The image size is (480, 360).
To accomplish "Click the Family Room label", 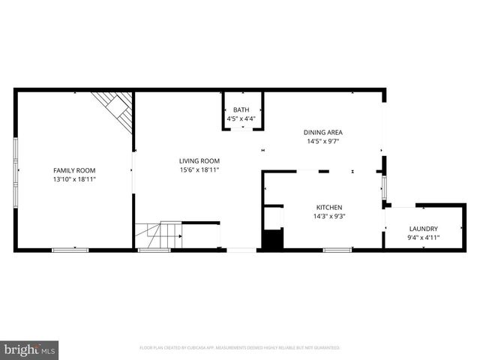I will (73, 170).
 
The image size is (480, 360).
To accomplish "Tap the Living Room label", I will (199, 160).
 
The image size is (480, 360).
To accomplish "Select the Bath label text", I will (241, 110).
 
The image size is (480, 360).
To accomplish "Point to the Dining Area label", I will (323, 132).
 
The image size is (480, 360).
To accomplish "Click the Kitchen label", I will (329, 207).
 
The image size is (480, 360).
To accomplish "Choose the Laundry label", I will (423, 229).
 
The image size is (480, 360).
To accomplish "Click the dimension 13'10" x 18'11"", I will (73, 179).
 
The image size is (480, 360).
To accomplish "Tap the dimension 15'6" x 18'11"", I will (199, 169).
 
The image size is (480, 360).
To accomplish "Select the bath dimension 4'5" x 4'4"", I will (241, 118).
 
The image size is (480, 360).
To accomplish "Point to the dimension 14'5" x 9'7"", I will (323, 141).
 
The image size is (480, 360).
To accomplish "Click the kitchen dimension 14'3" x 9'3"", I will (329, 216).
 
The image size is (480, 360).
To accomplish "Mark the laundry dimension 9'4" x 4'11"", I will (423, 238).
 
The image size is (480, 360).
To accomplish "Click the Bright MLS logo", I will (30, 349).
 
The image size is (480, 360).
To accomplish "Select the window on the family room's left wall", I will (15, 170).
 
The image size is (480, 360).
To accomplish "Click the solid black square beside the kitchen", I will (271, 240).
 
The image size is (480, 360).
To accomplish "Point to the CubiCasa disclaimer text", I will (240, 348).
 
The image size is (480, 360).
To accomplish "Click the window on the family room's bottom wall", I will (70, 250).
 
